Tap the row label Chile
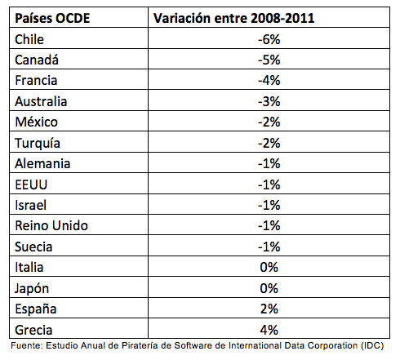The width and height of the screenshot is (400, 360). pos(31,39)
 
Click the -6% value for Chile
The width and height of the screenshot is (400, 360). pos(269,39)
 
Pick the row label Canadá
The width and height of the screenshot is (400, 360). pos(38,60)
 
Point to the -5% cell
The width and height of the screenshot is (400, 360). pos(269,60)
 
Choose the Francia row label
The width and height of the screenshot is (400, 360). pos(38,81)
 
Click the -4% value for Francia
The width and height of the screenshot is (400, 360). pos(269,81)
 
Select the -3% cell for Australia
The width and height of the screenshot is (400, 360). pos(269,101)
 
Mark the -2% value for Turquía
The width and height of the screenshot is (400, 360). pos(269,143)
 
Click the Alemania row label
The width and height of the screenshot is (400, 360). pos(43,164)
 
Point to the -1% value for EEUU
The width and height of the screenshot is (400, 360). pos(269,184)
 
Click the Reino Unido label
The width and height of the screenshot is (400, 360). pos(51,226)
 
